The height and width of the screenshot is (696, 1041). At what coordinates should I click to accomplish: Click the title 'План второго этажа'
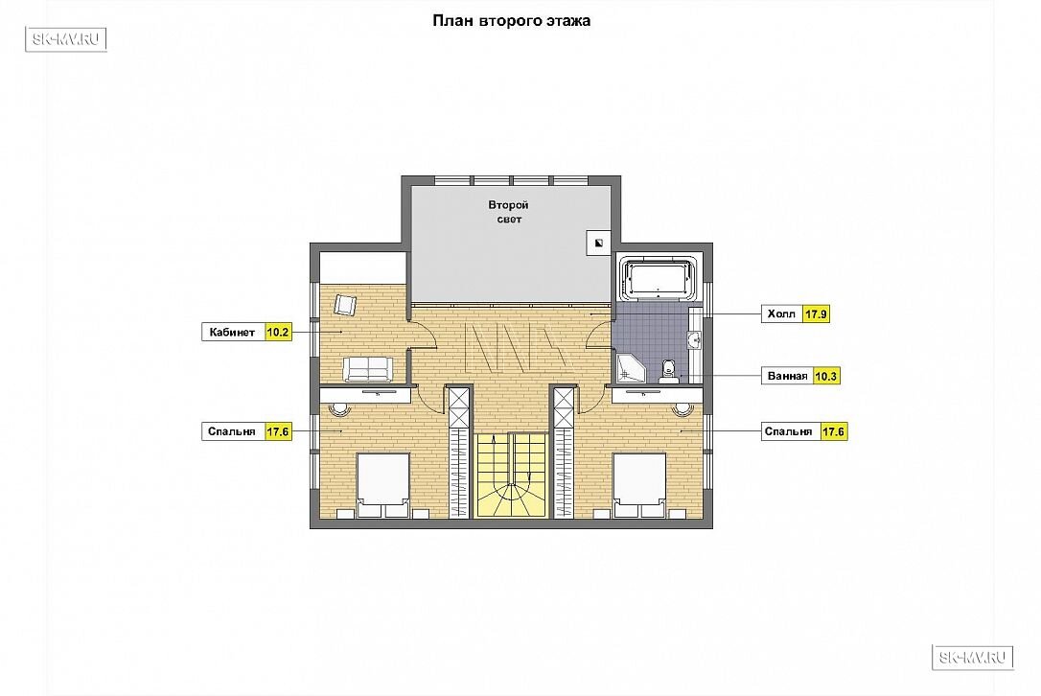[511, 20]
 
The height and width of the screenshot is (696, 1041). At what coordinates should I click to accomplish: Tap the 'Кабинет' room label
[232, 332]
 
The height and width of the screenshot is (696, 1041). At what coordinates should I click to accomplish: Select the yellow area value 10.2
[278, 332]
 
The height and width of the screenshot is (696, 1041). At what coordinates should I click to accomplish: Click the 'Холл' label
[780, 313]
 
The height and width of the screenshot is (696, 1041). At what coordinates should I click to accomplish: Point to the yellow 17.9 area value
[816, 313]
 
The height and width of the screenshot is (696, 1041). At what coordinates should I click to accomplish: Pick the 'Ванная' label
[787, 376]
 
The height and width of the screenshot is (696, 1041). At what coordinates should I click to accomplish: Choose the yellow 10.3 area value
[826, 376]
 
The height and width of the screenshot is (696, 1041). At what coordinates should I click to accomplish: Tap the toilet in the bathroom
[668, 372]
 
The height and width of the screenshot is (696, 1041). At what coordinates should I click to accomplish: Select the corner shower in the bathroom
[630, 368]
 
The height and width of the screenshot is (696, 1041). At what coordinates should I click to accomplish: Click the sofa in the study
[368, 369]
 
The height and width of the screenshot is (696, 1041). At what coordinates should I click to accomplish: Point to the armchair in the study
[344, 305]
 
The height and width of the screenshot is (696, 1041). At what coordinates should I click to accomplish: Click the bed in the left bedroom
[383, 485]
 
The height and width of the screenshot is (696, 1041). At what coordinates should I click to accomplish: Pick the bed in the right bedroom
[639, 485]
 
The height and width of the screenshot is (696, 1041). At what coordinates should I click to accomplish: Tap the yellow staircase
[511, 476]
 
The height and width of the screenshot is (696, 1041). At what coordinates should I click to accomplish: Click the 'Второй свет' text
[509, 212]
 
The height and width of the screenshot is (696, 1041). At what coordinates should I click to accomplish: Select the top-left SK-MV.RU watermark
[66, 39]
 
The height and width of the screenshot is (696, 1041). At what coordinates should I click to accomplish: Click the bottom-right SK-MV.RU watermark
[973, 658]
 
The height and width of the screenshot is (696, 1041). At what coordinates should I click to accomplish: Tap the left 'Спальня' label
[232, 431]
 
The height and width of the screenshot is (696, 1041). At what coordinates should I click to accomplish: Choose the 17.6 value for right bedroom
[833, 431]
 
